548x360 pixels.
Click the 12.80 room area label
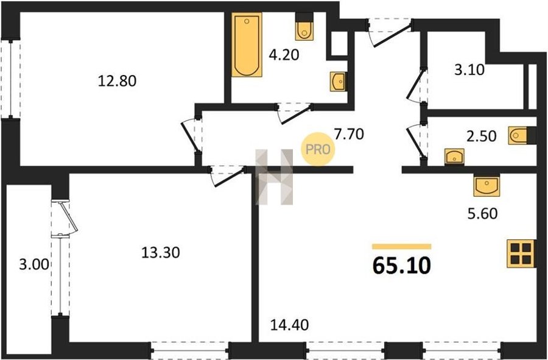pos(117,81)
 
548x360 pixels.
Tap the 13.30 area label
pos(160,252)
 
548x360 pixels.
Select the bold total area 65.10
pos(402,266)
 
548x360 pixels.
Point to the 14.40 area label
pos(289,325)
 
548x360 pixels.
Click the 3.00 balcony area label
pos(34,264)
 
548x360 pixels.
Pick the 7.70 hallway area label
pos(349,134)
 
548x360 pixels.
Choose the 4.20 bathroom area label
pos(284,55)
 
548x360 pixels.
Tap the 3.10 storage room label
pos(469,70)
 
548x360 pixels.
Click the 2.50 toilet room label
pos(481,136)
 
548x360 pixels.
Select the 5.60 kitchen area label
pos(483,213)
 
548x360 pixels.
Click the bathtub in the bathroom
pos(247,44)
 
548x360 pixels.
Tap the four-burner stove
pos(521,253)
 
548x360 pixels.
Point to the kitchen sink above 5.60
pos(487,186)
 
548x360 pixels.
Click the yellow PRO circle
pos(318,150)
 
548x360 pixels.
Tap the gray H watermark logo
pos(274,177)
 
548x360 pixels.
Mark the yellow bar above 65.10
pos(402,247)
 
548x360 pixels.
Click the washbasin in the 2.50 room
pos(454,157)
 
